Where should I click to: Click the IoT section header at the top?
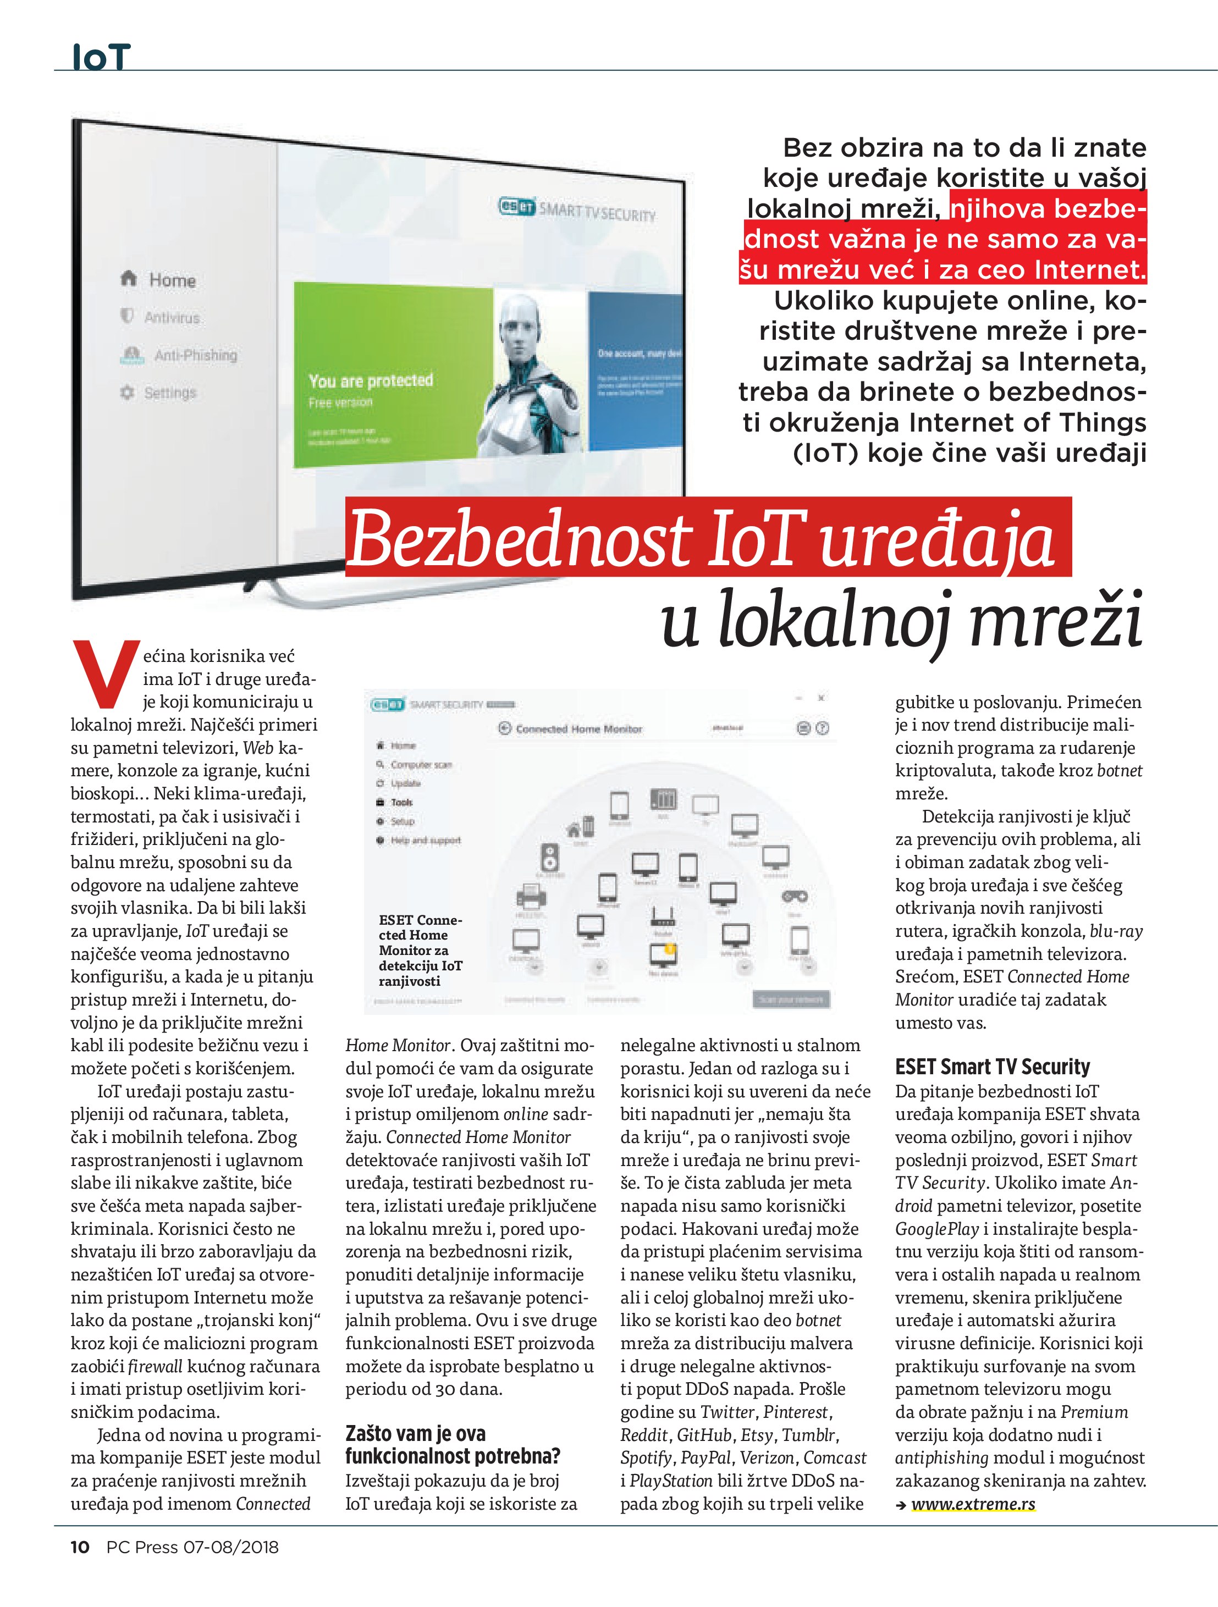[x=101, y=57]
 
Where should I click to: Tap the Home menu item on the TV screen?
[x=172, y=280]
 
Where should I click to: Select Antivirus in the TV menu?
[x=171, y=317]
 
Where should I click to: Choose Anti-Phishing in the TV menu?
[x=195, y=355]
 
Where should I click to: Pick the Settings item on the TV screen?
[x=169, y=393]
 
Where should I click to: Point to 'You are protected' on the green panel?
[x=370, y=380]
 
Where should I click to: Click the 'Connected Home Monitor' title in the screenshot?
[x=579, y=728]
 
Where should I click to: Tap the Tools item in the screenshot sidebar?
[x=401, y=803]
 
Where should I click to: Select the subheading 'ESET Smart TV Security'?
[x=992, y=1067]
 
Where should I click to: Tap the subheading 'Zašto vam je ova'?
[x=415, y=1434]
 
